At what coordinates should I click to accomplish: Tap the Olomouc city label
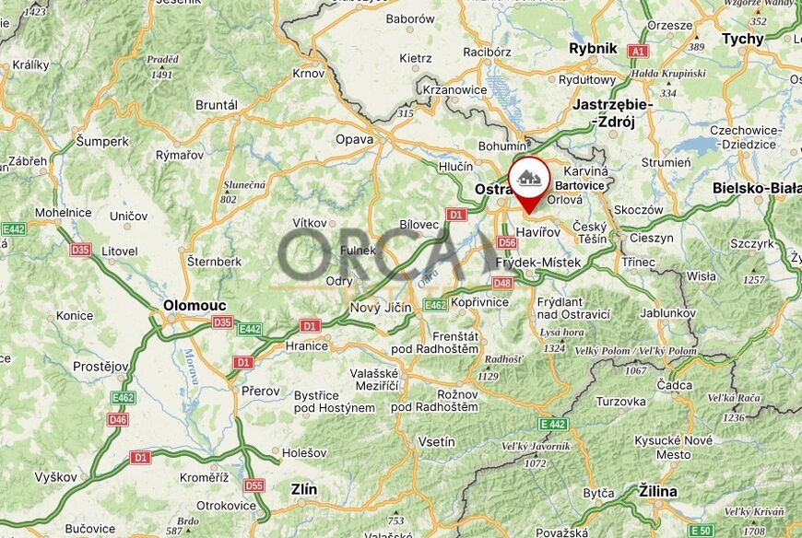195,304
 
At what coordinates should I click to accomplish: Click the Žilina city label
657,490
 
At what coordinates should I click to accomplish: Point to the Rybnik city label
593,48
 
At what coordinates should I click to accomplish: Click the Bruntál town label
217,105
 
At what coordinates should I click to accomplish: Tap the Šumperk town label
102,141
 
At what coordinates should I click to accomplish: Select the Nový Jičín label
381,308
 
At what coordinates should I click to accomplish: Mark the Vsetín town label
436,441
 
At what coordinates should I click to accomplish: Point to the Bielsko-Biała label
756,188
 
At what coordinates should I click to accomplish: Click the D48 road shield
502,282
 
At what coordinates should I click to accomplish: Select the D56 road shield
507,242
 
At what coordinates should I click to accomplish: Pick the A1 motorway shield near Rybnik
637,52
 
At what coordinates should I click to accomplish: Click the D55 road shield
254,485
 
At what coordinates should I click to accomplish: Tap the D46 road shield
118,420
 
